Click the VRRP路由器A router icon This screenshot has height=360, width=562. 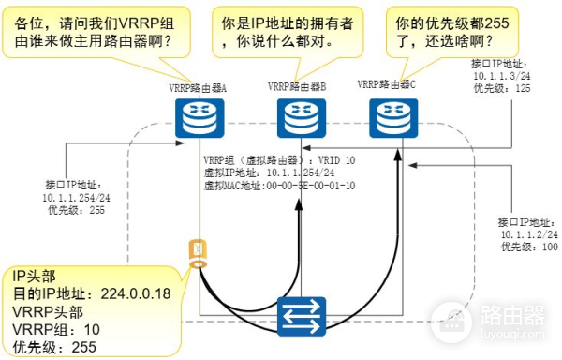195,115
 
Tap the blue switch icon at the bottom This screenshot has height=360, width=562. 301,316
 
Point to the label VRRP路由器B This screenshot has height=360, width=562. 297,86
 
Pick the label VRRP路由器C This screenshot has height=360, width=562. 387,84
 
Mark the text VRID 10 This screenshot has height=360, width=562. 333,160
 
